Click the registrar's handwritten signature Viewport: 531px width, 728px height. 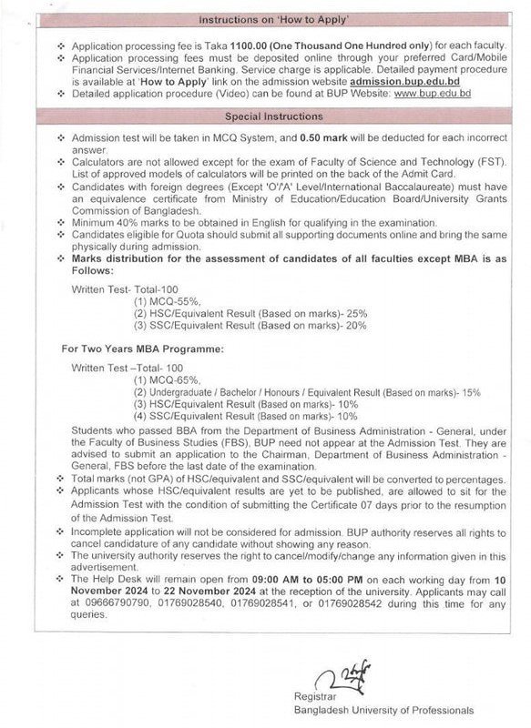(352, 678)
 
